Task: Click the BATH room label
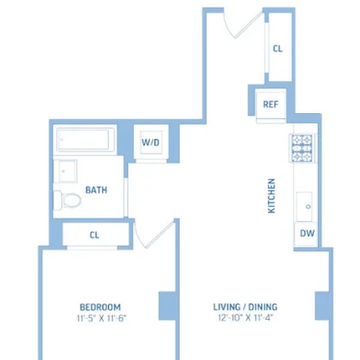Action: click(x=96, y=190)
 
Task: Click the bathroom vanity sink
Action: click(x=65, y=171)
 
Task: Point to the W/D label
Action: click(x=151, y=142)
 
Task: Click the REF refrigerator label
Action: click(x=271, y=105)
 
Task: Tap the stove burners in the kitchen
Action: click(x=303, y=148)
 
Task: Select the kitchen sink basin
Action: click(x=304, y=207)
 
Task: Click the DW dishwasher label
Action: click(x=307, y=233)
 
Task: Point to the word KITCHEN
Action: click(x=272, y=195)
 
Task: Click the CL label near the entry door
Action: click(x=278, y=49)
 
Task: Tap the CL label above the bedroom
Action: click(x=94, y=235)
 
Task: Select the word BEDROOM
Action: click(x=100, y=307)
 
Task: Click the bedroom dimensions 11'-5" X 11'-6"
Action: click(x=101, y=318)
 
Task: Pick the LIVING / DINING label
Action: click(x=245, y=307)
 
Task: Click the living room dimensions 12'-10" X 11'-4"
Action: click(x=246, y=317)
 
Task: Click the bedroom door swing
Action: click(x=154, y=234)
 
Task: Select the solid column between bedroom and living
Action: click(x=167, y=306)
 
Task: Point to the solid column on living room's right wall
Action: click(x=323, y=306)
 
